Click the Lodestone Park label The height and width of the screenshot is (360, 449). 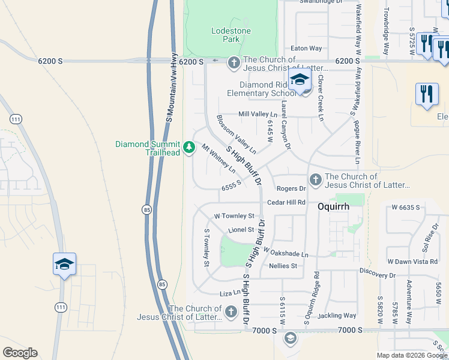click(x=225, y=35)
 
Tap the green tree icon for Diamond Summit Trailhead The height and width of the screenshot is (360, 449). click(x=189, y=147)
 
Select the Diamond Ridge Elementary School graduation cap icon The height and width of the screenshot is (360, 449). click(x=300, y=80)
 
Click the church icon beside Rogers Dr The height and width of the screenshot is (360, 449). click(x=315, y=179)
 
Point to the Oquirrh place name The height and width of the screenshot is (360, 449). click(x=333, y=204)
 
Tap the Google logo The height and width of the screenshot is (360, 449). click(x=20, y=353)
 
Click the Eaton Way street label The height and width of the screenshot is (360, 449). click(x=306, y=48)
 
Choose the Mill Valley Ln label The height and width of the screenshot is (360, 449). click(x=258, y=114)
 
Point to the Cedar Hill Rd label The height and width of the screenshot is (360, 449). click(x=287, y=203)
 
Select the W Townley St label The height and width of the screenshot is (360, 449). click(x=235, y=215)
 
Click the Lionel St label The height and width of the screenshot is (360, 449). click(x=242, y=230)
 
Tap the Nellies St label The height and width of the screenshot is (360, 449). click(x=283, y=266)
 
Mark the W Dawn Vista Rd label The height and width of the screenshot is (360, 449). click(x=412, y=262)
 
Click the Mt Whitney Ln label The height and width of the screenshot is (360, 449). click(x=218, y=159)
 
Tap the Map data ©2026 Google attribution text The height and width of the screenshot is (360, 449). click(x=412, y=355)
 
